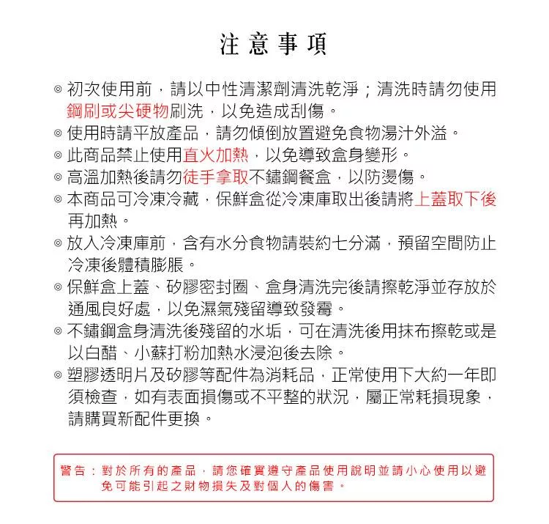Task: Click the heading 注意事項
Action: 274,45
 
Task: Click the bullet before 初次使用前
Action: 57,90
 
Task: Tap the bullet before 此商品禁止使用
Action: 57,155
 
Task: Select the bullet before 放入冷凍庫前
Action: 57,242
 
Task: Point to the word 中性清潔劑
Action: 241,89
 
